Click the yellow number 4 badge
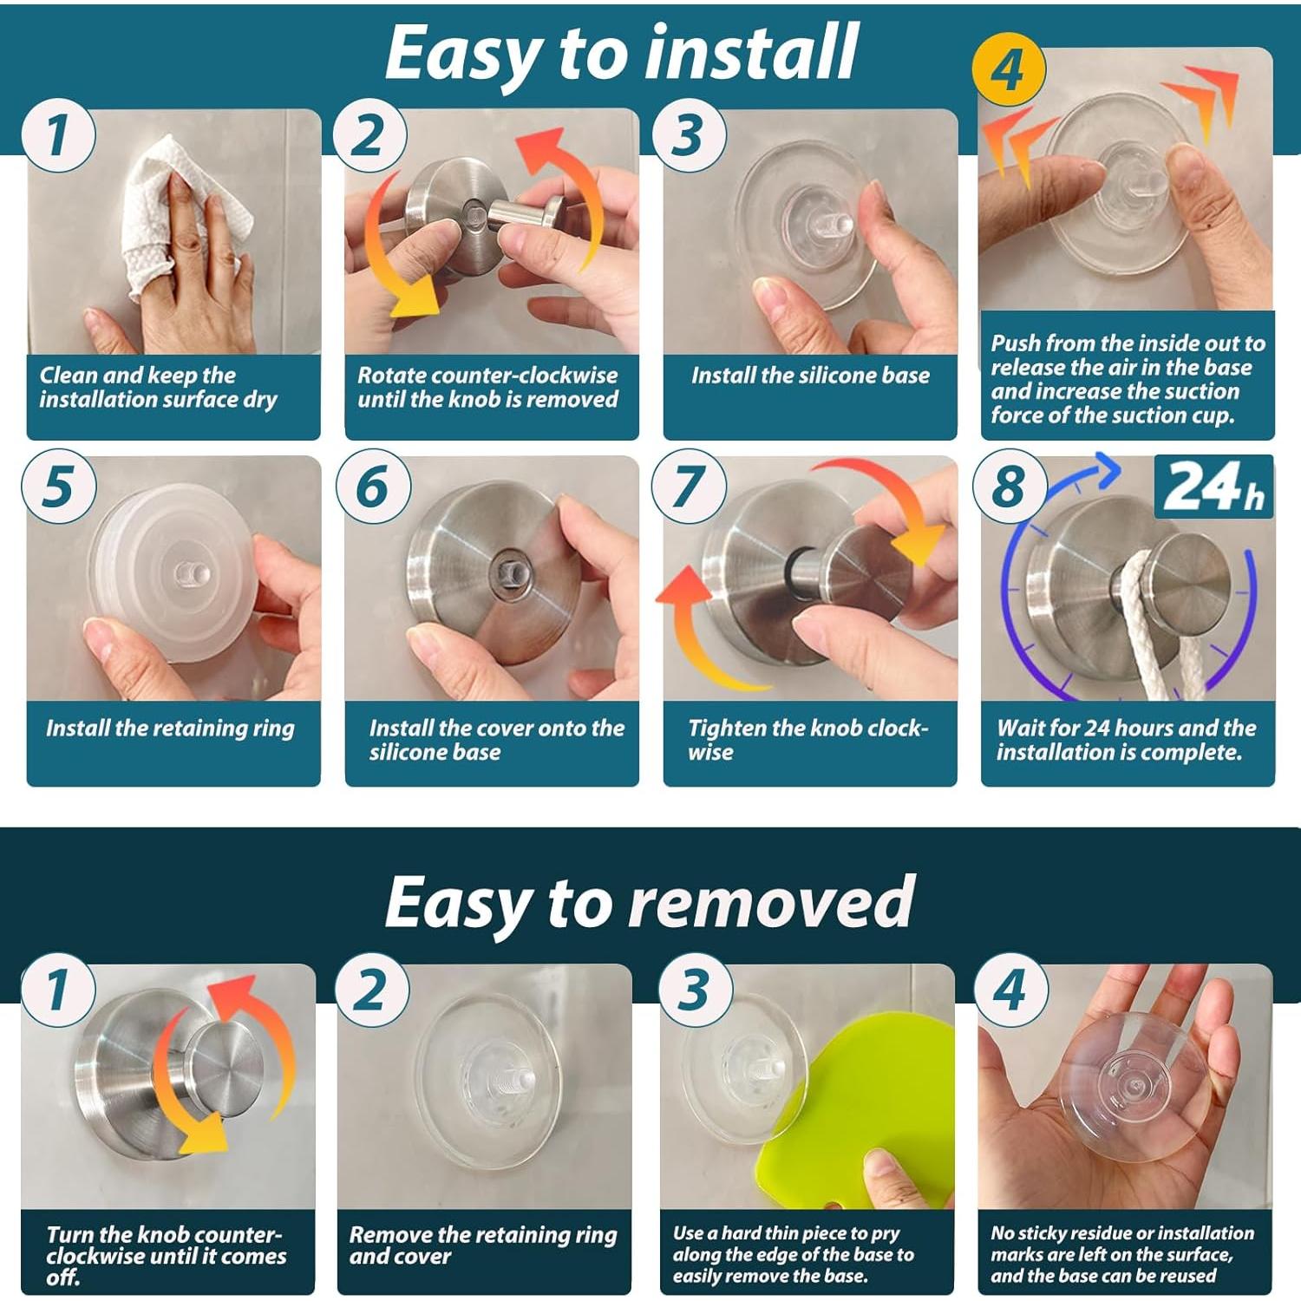point(1009,69)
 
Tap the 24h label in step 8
point(1213,487)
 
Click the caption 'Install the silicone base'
point(810,376)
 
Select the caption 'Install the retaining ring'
point(170,729)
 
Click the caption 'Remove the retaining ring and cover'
point(482,1245)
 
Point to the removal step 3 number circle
point(695,989)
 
